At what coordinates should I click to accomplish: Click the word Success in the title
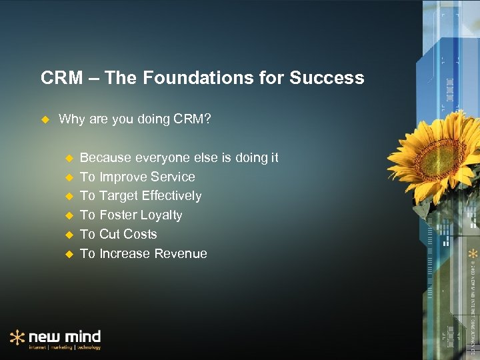click(x=327, y=78)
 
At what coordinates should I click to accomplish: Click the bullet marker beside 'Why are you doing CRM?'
click(x=45, y=119)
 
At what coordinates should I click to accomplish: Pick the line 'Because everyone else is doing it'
click(x=179, y=158)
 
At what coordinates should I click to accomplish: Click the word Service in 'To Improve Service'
click(x=173, y=177)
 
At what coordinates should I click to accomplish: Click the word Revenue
click(x=181, y=254)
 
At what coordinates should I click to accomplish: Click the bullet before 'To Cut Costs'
click(x=67, y=235)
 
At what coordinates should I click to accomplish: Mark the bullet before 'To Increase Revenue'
click(x=67, y=254)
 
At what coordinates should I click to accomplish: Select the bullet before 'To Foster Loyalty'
click(x=67, y=215)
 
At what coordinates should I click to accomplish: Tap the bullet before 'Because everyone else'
click(x=67, y=159)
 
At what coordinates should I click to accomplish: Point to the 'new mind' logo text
click(x=65, y=335)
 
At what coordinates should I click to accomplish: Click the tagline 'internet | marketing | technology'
click(x=65, y=347)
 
